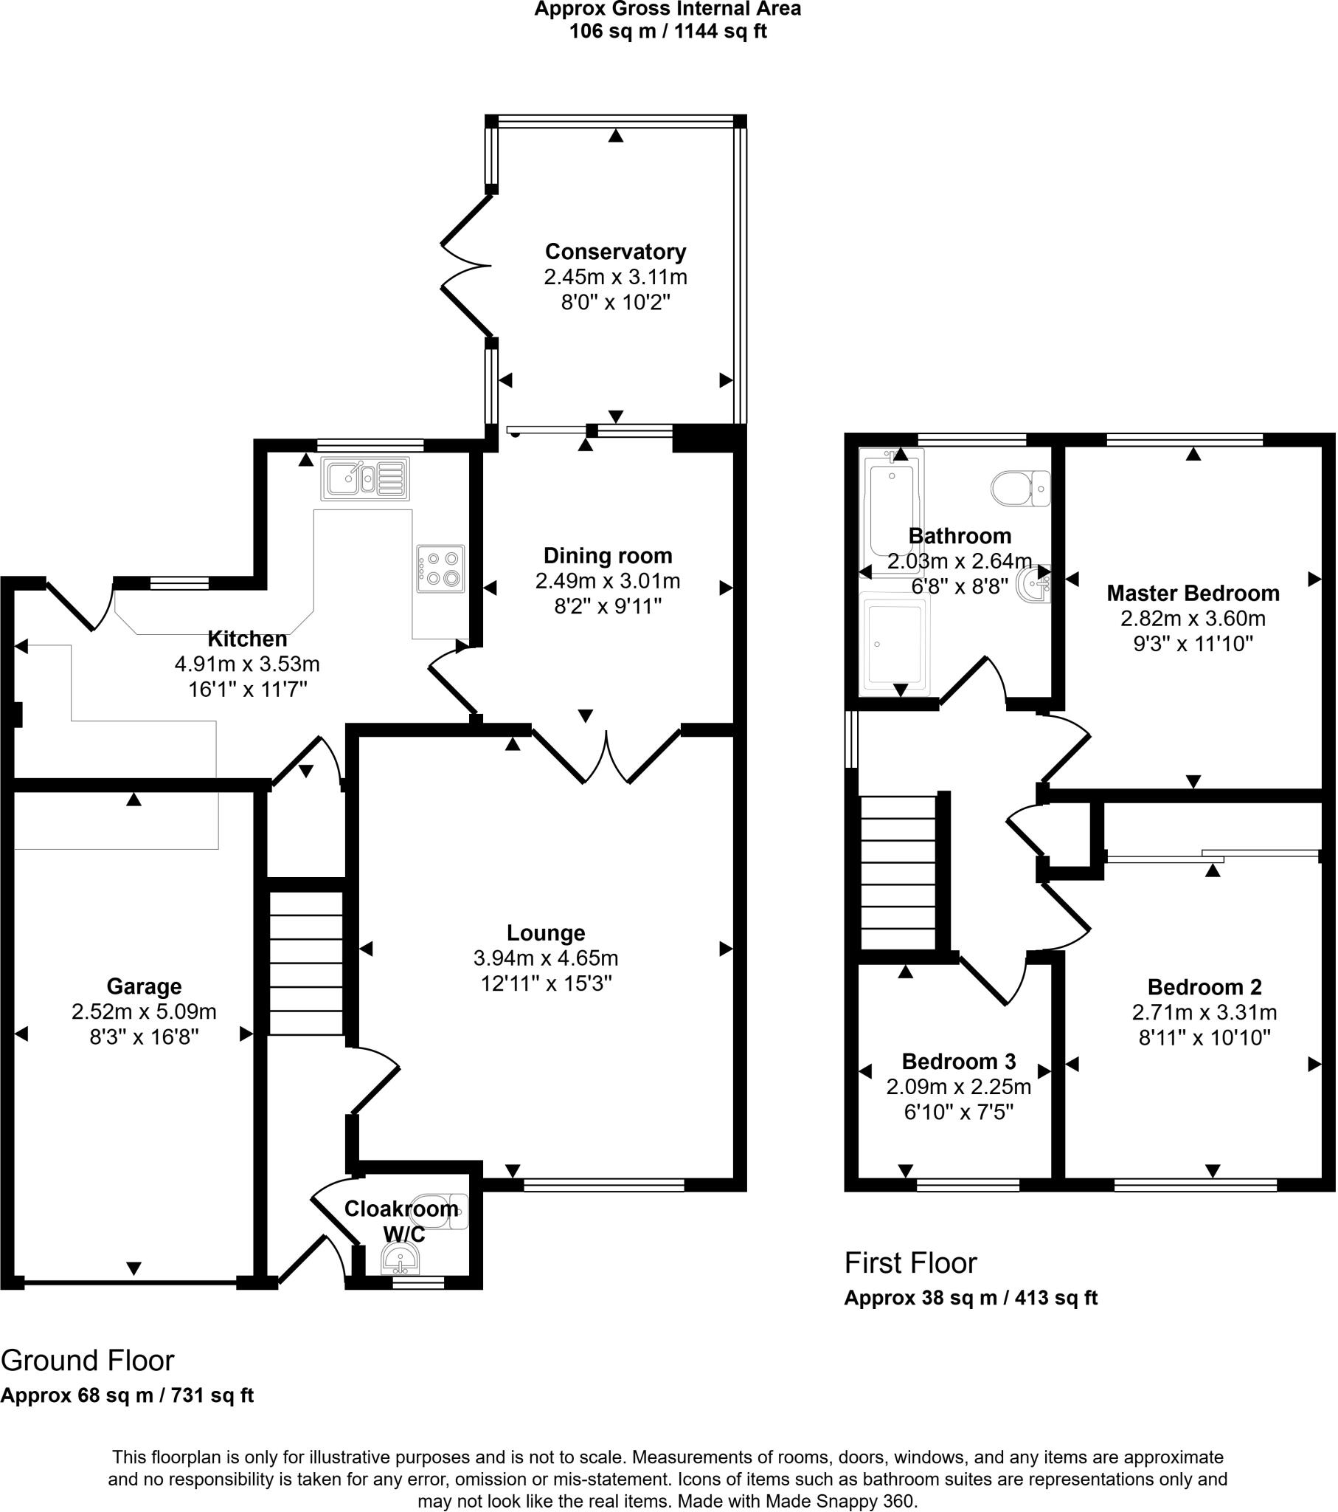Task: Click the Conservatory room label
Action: (616, 252)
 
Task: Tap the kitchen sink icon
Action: (364, 478)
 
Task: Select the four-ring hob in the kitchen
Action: (440, 569)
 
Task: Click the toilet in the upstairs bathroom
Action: (1019, 488)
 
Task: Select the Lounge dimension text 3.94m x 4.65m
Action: (546, 959)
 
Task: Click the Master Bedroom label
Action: (1193, 594)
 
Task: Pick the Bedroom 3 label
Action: (958, 1062)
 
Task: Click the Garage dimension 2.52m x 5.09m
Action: (143, 1012)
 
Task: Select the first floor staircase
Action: (898, 873)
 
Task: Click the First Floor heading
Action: (910, 1263)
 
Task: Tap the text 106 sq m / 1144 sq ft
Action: (668, 32)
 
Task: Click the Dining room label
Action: (608, 555)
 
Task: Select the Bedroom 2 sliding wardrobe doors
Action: (1213, 856)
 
